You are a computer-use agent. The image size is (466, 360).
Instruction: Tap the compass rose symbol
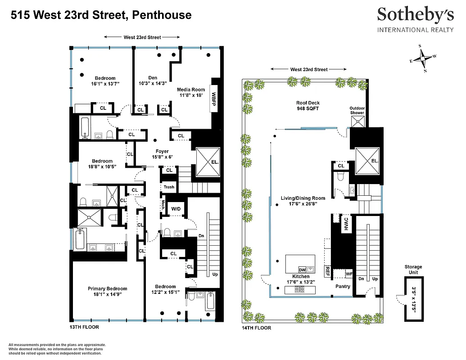(423, 58)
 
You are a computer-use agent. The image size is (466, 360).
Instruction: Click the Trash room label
(169, 187)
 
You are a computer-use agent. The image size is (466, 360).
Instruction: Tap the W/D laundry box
(176, 209)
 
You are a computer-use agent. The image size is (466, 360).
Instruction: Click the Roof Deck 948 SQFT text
(308, 106)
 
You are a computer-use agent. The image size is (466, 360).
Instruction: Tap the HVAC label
(346, 224)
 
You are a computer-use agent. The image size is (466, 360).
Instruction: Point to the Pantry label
(343, 286)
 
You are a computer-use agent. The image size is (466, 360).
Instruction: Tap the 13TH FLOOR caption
(84, 327)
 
